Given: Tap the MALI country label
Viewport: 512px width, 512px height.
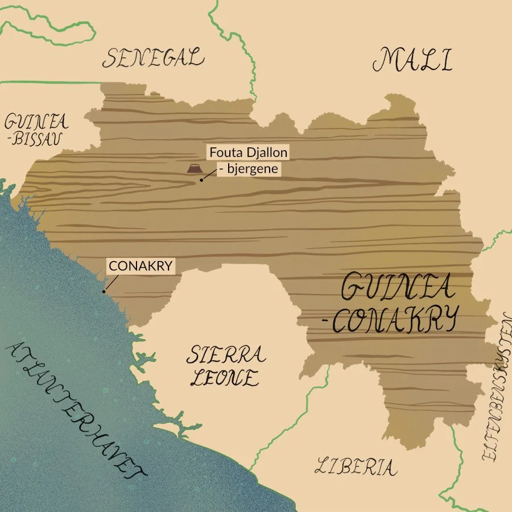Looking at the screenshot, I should point(413,60).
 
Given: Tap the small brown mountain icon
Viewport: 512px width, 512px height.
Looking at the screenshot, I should point(194,168).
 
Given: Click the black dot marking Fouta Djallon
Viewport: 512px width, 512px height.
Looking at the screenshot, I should point(201,180).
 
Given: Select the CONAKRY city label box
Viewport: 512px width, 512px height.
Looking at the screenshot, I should point(140,266).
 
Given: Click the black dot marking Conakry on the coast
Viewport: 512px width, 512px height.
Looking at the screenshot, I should point(104,291).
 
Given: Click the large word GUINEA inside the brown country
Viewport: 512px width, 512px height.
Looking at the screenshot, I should point(398,288).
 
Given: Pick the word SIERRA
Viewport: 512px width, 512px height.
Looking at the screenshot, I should point(226,356).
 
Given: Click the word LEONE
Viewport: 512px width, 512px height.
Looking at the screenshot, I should point(224,377).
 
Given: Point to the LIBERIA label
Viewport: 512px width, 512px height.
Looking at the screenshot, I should point(356,466).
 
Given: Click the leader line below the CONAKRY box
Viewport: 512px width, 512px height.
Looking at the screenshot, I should point(112,282).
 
